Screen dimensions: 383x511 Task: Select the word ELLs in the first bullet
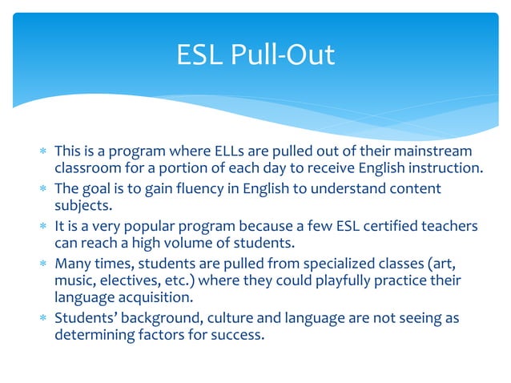coord(211,151)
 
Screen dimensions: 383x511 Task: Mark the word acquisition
coord(153,297)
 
